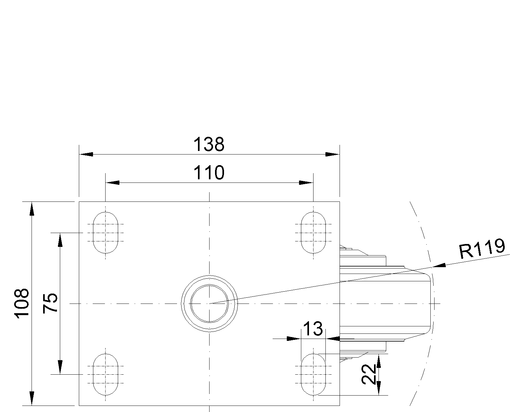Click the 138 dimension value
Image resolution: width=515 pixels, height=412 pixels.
(x=209, y=145)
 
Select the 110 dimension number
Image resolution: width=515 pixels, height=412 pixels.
(x=209, y=173)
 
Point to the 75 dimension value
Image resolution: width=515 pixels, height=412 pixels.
(x=50, y=303)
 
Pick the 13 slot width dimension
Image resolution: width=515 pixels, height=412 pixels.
(x=313, y=329)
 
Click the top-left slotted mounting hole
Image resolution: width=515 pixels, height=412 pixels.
(x=105, y=232)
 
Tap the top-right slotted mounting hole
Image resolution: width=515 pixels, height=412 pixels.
(x=313, y=232)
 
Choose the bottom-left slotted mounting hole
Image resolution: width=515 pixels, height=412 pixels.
(x=105, y=374)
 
